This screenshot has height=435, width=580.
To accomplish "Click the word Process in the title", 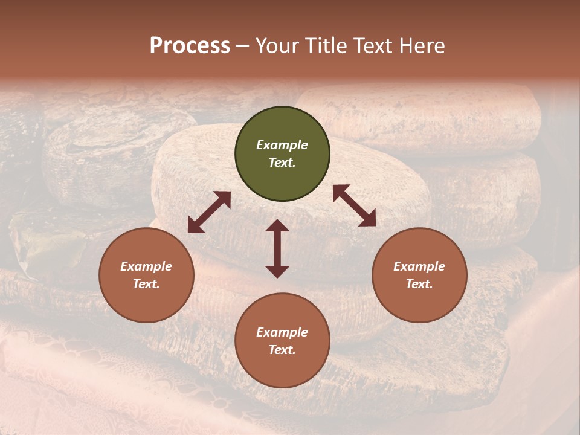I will [190, 46].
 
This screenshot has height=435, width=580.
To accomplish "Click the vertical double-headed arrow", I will [277, 248].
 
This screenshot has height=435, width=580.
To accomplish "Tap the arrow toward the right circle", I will [354, 205].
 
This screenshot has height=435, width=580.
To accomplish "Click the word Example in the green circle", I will [282, 145].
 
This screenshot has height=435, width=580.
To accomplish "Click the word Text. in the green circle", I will [282, 163].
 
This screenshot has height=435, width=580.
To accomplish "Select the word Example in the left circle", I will [146, 266].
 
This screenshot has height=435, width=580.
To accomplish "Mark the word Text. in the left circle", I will [146, 284].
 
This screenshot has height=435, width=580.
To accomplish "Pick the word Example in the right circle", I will [419, 266].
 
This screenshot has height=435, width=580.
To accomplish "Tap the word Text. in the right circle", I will [419, 284].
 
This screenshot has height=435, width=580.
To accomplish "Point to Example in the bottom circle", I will [282, 332].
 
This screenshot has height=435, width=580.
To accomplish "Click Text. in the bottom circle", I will [282, 350].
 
